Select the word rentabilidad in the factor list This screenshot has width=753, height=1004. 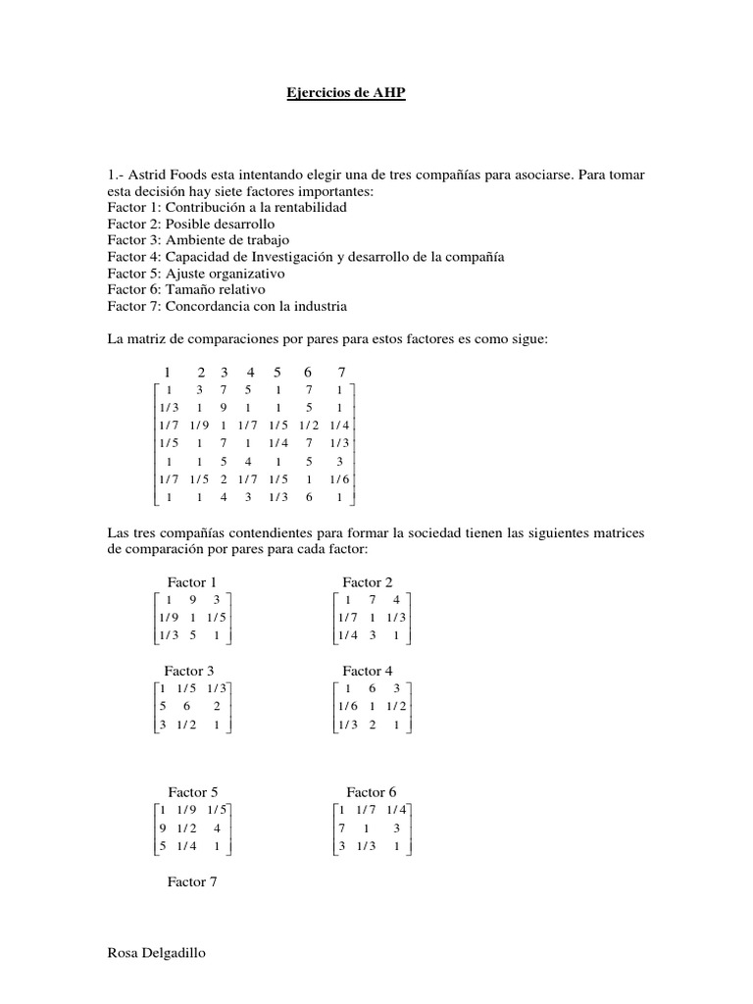point(309,207)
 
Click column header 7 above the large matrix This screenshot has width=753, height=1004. point(341,372)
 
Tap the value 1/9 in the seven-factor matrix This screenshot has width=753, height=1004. point(200,426)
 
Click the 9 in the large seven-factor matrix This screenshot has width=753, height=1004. point(225,408)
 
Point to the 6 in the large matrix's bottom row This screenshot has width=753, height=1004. point(308,497)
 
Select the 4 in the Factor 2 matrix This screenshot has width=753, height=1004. point(396,600)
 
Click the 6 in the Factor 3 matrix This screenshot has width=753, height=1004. point(187,707)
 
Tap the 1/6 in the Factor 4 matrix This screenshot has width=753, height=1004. point(345,707)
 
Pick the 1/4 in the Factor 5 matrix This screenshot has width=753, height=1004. point(187,846)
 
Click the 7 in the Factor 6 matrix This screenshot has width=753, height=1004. point(341,828)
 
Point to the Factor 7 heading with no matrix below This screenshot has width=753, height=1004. point(192,881)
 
